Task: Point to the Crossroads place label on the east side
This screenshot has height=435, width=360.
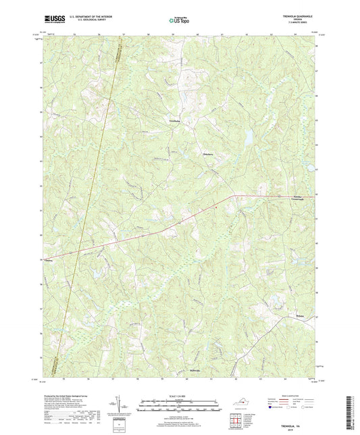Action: pos(297,199)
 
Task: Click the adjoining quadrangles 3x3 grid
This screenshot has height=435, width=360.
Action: pos(236,419)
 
